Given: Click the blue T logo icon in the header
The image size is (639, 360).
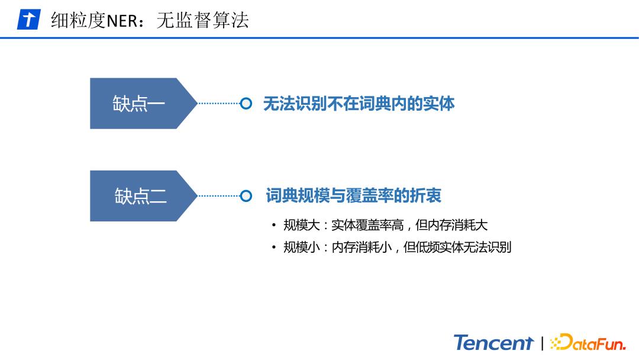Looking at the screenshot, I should (28, 20).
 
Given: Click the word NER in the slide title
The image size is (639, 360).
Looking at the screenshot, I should (122, 20).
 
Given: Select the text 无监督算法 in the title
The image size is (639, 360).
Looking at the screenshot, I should (202, 20).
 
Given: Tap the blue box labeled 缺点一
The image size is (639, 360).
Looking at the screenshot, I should (140, 104).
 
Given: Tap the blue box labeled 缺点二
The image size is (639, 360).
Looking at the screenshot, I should (140, 196).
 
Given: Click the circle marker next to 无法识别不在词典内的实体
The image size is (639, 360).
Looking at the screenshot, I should (246, 104).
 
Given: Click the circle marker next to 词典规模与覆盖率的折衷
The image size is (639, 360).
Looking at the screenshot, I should (246, 196).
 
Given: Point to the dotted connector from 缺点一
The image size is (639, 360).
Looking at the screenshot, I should (218, 104).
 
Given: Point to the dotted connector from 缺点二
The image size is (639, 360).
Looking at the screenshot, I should (218, 196).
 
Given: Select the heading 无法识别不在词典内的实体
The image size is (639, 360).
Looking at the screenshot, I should (359, 104).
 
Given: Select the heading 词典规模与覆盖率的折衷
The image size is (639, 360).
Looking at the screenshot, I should (353, 196).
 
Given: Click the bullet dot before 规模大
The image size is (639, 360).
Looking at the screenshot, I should (273, 226).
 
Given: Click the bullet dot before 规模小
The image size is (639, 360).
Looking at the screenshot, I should (273, 247).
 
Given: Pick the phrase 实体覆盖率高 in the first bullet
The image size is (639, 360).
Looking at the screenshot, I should (367, 226).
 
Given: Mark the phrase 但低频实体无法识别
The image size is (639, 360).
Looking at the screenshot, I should (457, 247).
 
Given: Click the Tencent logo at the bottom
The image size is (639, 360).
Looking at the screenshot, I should (493, 343).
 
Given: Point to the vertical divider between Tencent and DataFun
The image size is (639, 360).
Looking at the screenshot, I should (542, 343).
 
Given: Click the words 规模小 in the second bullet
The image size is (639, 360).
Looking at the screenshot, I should (301, 247).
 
